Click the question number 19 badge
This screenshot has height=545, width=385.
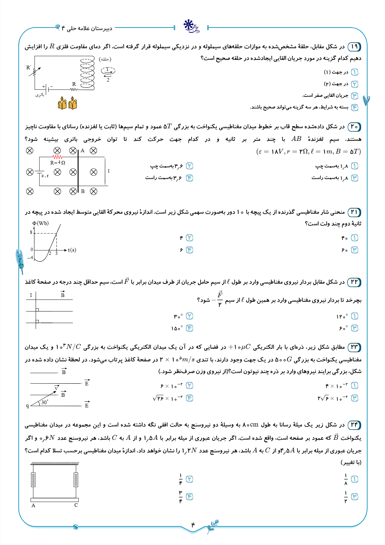click(x=354, y=47)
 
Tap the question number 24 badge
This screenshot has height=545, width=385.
click(x=354, y=425)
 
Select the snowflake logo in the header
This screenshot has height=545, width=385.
click(x=188, y=25)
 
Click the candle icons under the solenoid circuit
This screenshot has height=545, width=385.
click(x=67, y=103)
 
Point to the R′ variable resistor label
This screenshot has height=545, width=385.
click(x=29, y=67)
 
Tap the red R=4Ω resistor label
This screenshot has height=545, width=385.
click(x=58, y=163)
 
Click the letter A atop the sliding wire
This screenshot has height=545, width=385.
click(x=83, y=151)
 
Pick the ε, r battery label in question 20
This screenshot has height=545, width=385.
click(x=45, y=176)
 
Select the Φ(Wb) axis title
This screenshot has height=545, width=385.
click(x=41, y=223)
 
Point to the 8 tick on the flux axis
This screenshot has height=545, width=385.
click(x=31, y=232)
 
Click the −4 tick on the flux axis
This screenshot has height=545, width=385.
click(x=30, y=258)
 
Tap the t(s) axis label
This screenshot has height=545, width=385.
click(x=72, y=250)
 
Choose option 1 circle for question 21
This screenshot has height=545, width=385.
click(x=355, y=238)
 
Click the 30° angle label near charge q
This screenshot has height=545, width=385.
click(x=45, y=402)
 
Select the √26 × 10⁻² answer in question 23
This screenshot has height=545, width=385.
click(x=167, y=398)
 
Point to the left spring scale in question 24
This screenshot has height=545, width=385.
click(x=33, y=480)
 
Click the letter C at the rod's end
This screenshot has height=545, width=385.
click(x=76, y=505)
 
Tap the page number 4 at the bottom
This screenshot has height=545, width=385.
click(x=193, y=525)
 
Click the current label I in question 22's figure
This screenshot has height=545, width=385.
click(x=31, y=295)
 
